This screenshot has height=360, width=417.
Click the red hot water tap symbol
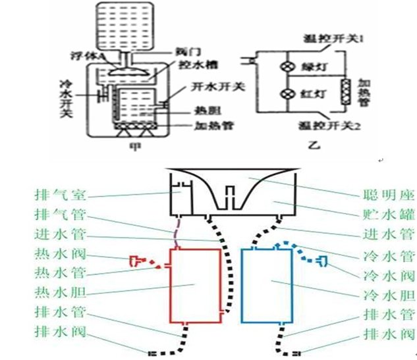pos(136,260)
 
